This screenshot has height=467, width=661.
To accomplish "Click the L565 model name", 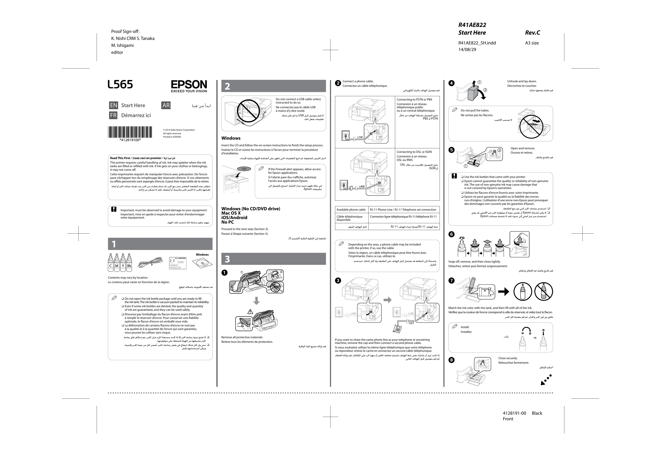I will coord(120,85).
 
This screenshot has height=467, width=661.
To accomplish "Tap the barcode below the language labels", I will coord(130,132).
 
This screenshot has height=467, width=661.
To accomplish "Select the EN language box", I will coord(113,105).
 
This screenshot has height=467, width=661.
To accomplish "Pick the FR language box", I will coord(113,115).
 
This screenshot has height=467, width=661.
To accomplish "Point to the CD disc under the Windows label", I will coord(202,263).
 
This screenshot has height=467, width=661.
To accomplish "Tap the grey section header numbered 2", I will coord(273,86).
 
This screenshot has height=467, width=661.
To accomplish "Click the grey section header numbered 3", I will coord(273,259).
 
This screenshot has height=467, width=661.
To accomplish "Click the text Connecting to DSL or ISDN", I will coord(414,152).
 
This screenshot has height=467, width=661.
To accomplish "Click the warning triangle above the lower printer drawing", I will coord(250,312).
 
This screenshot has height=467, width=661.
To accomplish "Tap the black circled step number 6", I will coord(451,234).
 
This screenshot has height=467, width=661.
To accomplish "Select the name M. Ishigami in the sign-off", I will coord(122,45).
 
